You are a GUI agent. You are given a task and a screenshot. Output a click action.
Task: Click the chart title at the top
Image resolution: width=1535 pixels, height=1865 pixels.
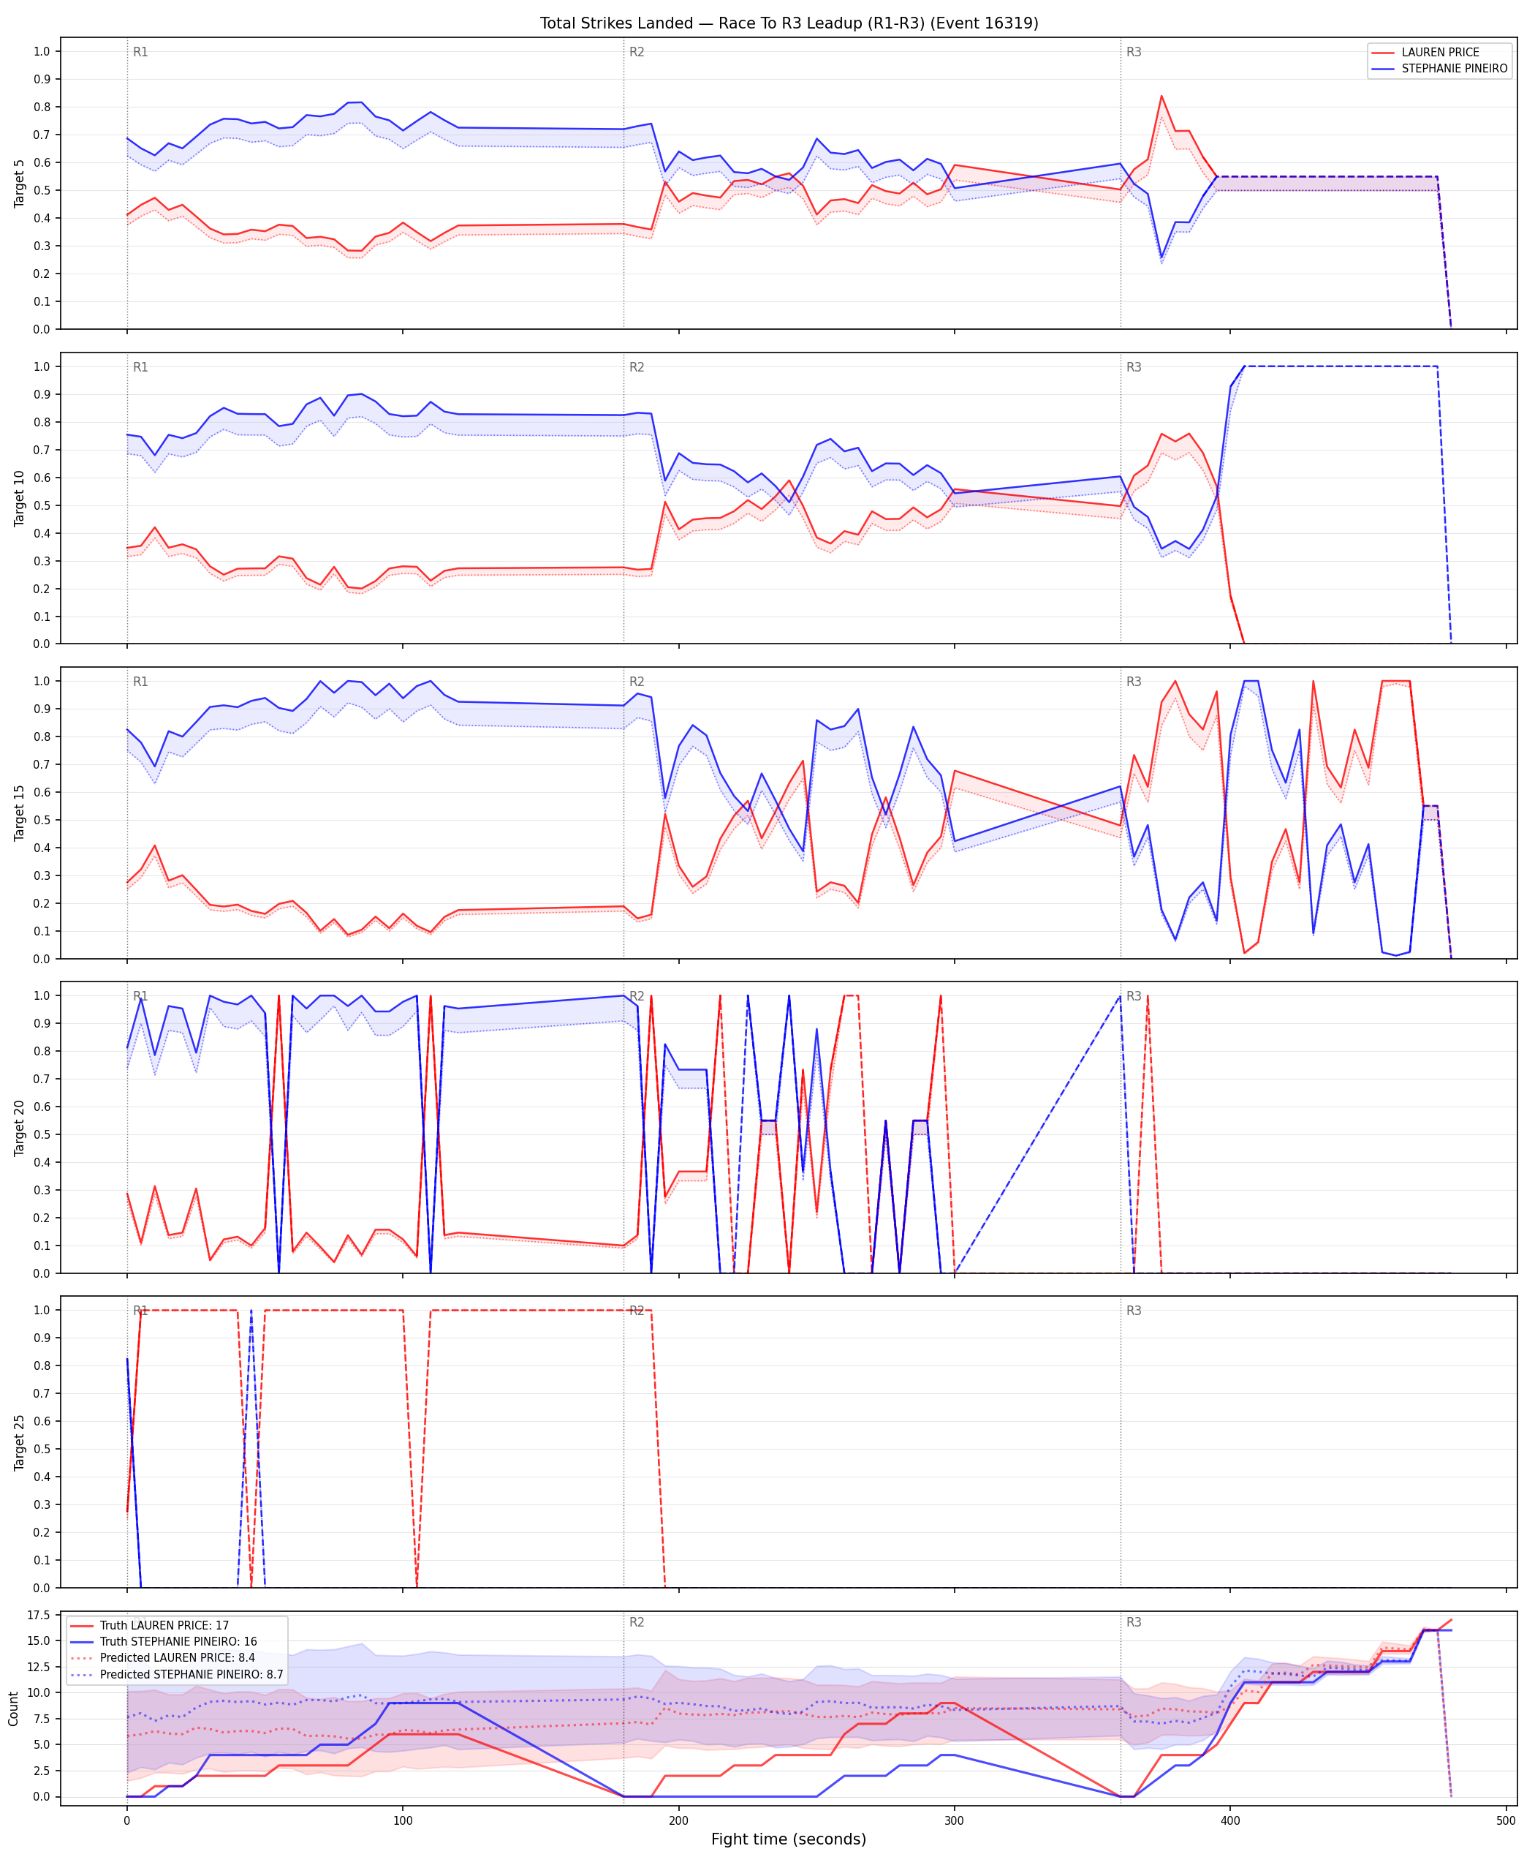pos(789,23)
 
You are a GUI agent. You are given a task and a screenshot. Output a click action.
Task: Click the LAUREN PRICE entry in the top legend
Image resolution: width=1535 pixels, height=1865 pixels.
pos(1439,52)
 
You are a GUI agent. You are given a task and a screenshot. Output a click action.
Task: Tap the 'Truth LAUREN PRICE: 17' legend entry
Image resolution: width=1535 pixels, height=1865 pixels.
pos(164,1625)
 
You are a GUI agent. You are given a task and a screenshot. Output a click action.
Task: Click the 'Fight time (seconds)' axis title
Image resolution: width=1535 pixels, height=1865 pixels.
pos(789,1839)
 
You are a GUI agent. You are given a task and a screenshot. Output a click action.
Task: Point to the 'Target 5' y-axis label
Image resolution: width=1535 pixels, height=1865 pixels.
pos(20,183)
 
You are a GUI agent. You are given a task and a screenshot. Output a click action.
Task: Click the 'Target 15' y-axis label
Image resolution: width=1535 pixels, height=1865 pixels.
pos(20,813)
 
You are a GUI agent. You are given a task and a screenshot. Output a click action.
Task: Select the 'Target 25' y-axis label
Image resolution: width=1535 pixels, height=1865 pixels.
pos(20,1442)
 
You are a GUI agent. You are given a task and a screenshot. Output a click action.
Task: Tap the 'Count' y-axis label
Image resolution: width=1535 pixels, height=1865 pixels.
pos(13,1708)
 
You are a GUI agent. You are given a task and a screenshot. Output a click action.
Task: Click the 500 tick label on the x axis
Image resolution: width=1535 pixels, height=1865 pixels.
pos(1506,1821)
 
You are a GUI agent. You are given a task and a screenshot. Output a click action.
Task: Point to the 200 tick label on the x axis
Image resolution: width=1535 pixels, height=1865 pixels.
pos(678,1821)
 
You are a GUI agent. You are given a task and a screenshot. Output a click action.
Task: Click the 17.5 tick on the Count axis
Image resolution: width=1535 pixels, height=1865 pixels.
pos(38,1616)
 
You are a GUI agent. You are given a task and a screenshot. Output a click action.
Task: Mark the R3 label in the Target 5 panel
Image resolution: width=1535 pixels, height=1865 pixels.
pos(1134,52)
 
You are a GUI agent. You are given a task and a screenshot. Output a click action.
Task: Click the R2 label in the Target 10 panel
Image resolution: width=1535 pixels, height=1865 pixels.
pos(637,367)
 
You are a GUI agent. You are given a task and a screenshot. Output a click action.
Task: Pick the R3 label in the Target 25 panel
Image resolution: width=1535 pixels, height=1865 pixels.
pos(1134,1311)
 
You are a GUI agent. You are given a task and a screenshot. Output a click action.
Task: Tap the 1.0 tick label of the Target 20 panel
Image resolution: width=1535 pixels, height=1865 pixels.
pos(42,995)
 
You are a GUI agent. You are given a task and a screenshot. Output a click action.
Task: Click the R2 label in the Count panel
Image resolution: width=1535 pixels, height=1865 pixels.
pos(637,1623)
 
